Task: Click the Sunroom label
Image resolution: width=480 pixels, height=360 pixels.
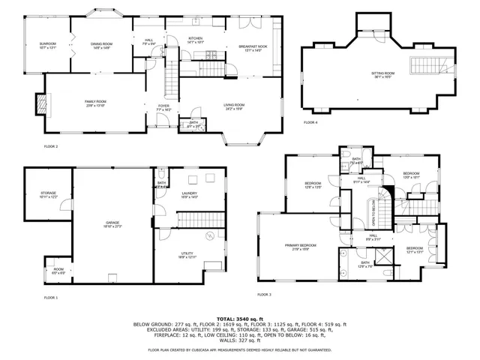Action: coord(47,46)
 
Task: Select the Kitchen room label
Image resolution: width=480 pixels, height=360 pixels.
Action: coord(195,39)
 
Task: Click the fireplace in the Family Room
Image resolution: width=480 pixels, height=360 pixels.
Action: coord(42,103)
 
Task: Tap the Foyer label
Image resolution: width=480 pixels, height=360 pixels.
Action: coord(163,107)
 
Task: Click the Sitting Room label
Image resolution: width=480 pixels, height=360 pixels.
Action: coord(382,74)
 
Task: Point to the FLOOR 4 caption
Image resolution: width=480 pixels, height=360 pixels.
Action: coord(310,122)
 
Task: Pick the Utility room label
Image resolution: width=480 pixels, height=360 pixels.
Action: coord(187,255)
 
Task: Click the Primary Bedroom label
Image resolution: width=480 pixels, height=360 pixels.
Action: coord(299,247)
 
